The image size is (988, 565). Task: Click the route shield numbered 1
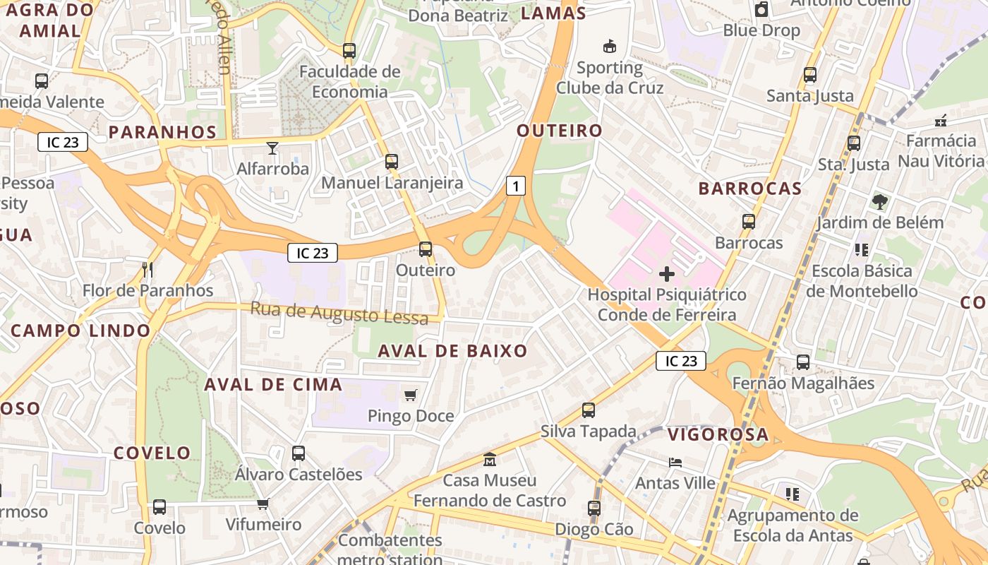tap(517, 186)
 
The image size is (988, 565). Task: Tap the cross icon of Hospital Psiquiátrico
tap(666, 273)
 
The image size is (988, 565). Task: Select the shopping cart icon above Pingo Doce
tap(411, 395)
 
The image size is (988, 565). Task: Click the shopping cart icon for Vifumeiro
tap(263, 504)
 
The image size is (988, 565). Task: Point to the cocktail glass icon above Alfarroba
tap(272, 148)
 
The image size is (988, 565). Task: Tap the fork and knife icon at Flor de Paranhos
tap(147, 269)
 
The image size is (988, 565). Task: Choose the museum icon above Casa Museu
tap(490, 460)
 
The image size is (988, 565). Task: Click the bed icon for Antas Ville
tap(675, 463)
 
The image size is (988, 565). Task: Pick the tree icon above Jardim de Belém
tap(879, 202)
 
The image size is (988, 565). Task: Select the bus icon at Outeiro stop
tap(425, 249)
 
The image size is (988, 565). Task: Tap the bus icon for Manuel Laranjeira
tap(392, 162)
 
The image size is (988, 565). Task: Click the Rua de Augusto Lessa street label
tap(339, 313)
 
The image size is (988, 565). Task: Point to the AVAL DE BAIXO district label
tap(452, 351)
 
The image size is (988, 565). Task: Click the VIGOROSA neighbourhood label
tap(718, 434)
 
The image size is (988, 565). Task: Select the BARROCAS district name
tap(749, 189)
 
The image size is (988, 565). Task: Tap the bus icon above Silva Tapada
tap(589, 410)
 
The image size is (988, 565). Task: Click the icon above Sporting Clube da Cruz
tap(610, 47)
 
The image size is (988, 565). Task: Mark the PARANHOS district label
tap(162, 132)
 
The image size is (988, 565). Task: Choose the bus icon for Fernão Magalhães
tap(803, 362)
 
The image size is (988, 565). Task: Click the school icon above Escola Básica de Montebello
tap(861, 250)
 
